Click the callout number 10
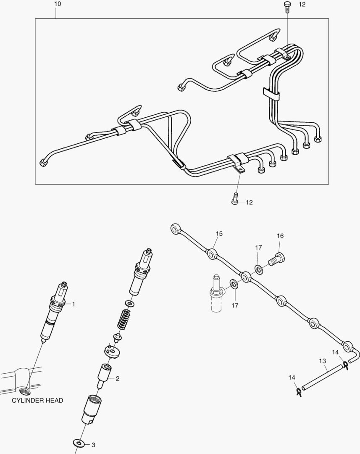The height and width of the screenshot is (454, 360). (x=58, y=4)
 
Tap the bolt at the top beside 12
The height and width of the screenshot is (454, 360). (x=287, y=6)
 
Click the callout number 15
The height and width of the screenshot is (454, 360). (x=219, y=233)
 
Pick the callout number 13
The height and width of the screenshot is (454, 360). (x=322, y=361)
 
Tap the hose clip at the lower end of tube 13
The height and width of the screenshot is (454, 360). (x=299, y=392)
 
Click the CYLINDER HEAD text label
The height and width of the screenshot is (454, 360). (x=37, y=401)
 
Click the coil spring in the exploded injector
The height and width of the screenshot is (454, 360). (x=122, y=320)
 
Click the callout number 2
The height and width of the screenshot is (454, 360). (x=118, y=378)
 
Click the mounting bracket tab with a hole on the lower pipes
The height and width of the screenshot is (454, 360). (x=240, y=169)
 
